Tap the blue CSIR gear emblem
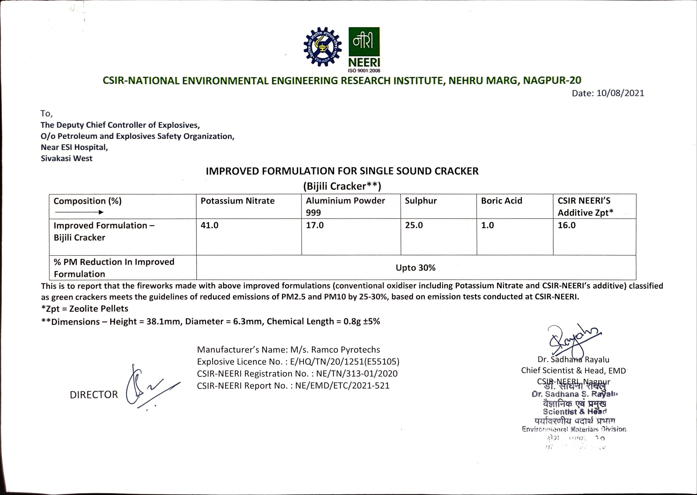[x=323, y=47]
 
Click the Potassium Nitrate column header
[x=238, y=201]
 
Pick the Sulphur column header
[x=421, y=201]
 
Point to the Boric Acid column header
[x=502, y=201]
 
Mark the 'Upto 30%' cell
[x=415, y=268]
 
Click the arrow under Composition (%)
[x=79, y=212]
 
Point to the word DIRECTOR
[x=94, y=395]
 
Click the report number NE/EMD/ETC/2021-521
[x=342, y=386]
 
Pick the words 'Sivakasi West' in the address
[x=67, y=159]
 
